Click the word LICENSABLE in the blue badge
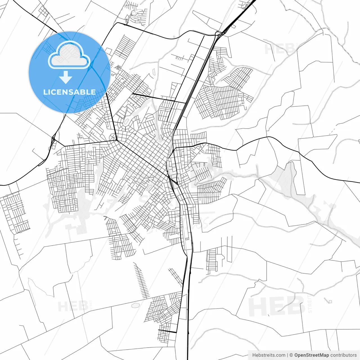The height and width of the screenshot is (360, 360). [69, 92]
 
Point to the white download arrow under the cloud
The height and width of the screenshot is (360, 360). [66, 77]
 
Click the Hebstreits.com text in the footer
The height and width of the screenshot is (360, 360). [269, 355]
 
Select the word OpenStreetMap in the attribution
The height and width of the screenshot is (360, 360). [311, 355]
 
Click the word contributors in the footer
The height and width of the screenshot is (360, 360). [343, 355]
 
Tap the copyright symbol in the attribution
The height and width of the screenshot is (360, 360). [291, 355]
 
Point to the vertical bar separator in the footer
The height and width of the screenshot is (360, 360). [287, 355]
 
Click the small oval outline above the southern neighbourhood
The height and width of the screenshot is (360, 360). [135, 305]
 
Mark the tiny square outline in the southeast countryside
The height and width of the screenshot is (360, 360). [330, 302]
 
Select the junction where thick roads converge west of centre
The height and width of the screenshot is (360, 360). [117, 140]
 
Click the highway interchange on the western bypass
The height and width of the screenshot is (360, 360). [53, 139]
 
